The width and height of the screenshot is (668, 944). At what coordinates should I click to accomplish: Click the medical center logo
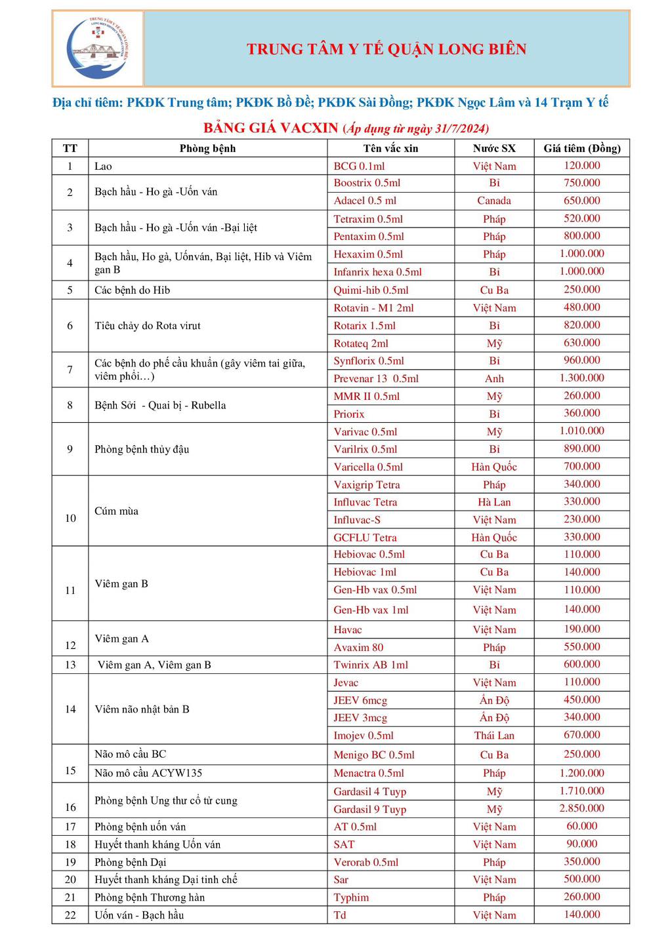click(98, 49)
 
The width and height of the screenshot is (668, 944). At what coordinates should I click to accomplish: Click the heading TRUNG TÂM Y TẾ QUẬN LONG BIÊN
click(386, 49)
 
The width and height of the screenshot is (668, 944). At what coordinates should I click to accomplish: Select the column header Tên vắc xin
click(390, 148)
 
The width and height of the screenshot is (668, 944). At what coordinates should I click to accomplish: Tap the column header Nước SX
click(494, 148)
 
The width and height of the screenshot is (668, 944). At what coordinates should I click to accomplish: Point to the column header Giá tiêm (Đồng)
click(581, 148)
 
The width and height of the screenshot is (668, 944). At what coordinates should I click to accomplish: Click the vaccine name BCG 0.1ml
click(359, 166)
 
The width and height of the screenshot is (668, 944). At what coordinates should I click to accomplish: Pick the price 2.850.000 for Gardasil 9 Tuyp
click(581, 808)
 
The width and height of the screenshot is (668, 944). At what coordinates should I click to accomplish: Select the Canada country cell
click(494, 201)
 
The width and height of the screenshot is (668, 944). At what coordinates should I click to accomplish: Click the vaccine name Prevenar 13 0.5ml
click(375, 378)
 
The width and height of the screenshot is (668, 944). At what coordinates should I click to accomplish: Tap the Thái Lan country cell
click(494, 736)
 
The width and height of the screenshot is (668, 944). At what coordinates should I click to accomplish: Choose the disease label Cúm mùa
click(116, 511)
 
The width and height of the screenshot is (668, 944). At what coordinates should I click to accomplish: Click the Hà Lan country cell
click(494, 502)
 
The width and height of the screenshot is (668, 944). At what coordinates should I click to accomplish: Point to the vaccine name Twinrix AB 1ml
click(370, 665)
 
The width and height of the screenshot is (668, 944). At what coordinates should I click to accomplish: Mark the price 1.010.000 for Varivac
click(581, 431)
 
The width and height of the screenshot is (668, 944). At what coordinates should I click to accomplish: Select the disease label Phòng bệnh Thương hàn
click(150, 897)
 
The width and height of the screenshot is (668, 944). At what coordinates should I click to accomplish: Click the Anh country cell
click(494, 378)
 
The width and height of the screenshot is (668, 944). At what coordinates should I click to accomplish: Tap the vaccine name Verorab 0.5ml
click(365, 862)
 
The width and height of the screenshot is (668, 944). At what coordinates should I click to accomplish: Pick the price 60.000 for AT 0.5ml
click(581, 826)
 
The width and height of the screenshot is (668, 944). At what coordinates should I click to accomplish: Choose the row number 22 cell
click(70, 915)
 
